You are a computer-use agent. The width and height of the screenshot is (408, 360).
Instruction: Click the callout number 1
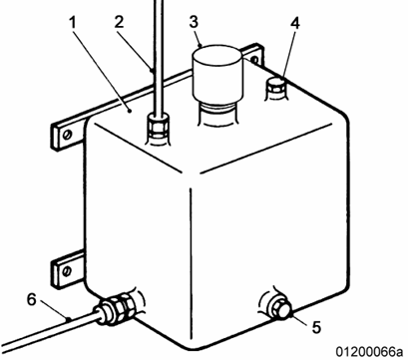pos(73,22)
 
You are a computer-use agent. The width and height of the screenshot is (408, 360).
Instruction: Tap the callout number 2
pos(119,22)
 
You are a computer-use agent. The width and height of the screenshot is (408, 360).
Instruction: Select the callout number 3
pos(194,21)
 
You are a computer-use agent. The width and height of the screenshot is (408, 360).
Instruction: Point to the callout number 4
pos(295,23)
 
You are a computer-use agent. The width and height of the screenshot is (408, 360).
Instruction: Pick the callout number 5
pos(316,327)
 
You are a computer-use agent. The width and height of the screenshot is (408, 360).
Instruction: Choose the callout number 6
pos(31,299)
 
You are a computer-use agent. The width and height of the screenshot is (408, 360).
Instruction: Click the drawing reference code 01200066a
pos(370,352)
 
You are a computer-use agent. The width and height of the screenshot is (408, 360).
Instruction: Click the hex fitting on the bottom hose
pos(119,306)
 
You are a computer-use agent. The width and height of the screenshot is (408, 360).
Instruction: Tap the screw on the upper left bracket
pos(68,135)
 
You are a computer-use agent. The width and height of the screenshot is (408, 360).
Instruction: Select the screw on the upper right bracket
pos(254,60)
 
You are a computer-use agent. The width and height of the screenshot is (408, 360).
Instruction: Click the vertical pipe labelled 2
pos(159,57)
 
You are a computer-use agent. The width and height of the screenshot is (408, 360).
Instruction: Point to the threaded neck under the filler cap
pos(217,113)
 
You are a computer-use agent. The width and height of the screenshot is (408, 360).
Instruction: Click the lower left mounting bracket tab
pos(68,269)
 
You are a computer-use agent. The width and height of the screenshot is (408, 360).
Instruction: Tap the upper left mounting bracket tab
pos(68,134)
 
